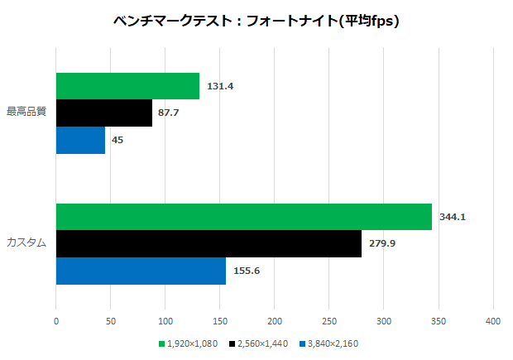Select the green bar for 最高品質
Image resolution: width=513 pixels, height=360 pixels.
click(x=127, y=86)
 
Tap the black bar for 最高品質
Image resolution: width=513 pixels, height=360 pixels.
click(x=104, y=113)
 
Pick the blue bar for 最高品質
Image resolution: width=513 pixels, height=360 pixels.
click(x=80, y=140)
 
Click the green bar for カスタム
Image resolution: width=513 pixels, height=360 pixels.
click(x=244, y=217)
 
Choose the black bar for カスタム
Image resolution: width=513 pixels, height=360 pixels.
click(x=209, y=243)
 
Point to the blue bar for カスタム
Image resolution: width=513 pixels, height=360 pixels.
click(x=141, y=271)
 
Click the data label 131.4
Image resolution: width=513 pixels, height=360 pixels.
click(x=219, y=86)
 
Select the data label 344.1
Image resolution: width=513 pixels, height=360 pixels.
click(x=452, y=217)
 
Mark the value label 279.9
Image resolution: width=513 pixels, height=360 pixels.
click(x=381, y=243)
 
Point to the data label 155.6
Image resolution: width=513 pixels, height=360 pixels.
click(x=246, y=271)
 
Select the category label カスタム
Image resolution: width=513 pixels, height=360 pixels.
click(x=26, y=243)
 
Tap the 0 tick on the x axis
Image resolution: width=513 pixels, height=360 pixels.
click(x=56, y=320)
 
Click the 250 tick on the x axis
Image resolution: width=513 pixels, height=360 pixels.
click(x=329, y=320)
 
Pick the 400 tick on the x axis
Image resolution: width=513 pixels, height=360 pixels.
click(x=493, y=320)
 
